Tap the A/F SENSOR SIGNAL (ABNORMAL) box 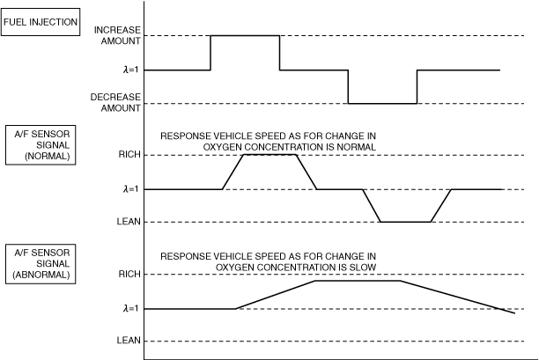click(x=43, y=262)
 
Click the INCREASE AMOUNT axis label click(x=117, y=35)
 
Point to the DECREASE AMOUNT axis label click(x=117, y=102)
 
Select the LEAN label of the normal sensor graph click(x=129, y=221)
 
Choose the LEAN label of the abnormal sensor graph click(x=129, y=341)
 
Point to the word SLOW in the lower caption click(x=360, y=266)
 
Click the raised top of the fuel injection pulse click(x=245, y=36)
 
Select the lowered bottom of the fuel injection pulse click(x=382, y=104)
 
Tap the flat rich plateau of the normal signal click(x=269, y=155)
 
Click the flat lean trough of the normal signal click(x=405, y=221)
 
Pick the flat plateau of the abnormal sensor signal click(x=358, y=281)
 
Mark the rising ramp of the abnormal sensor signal click(x=275, y=295)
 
